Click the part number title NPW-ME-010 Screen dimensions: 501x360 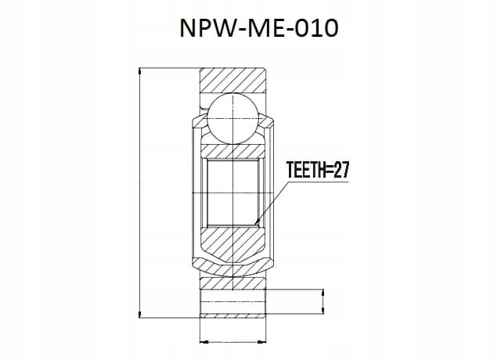259,28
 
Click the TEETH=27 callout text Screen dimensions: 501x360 318,170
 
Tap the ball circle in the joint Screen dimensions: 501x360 232,118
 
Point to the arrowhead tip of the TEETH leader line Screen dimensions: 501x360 255,225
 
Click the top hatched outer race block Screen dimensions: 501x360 232,81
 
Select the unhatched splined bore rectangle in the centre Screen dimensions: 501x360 232,193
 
